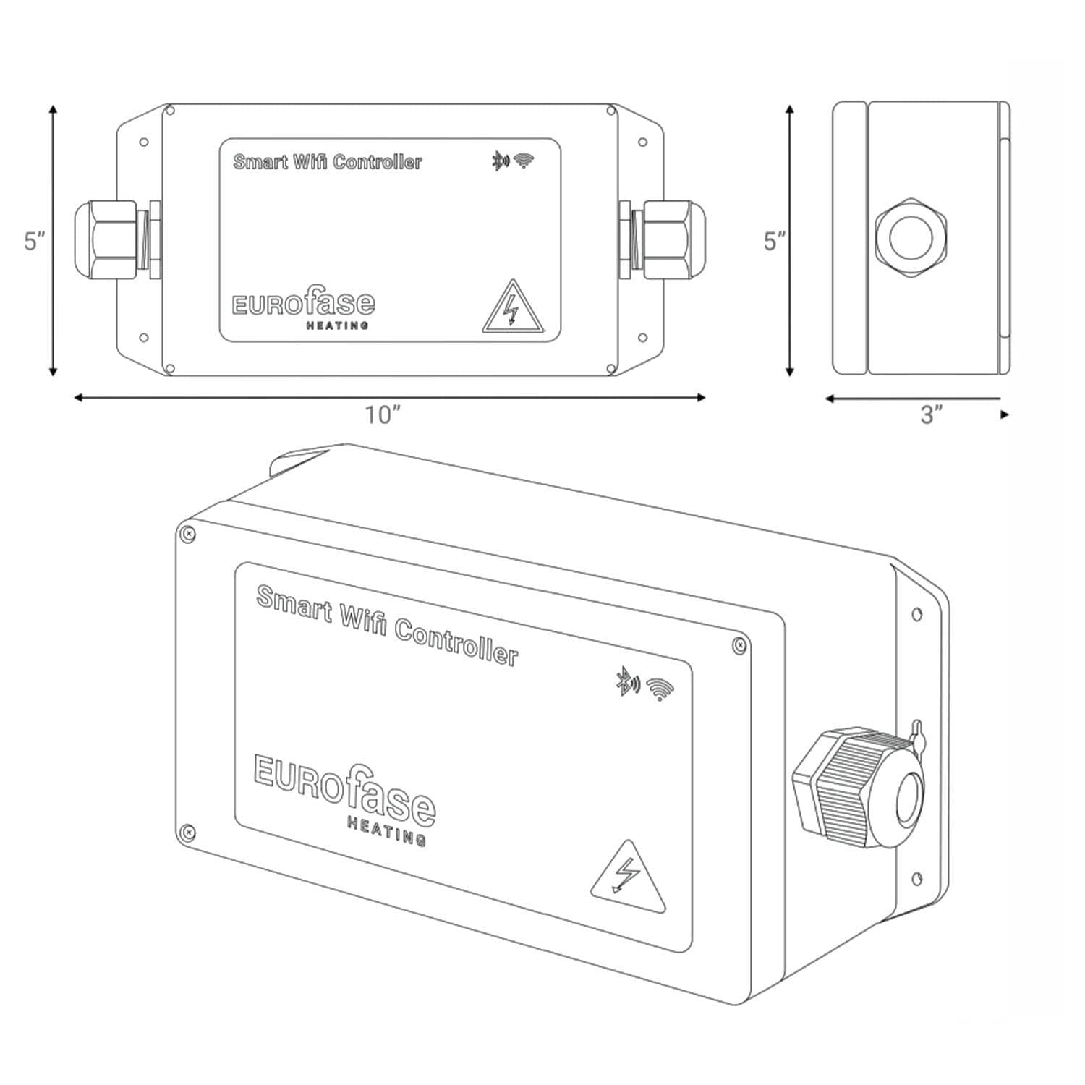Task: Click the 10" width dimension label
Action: pos(383,414)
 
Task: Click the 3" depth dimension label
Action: pos(932,414)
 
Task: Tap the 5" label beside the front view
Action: pos(35,241)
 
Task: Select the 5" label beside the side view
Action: pos(775,241)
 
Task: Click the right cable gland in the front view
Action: pos(662,239)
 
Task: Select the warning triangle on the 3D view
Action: pos(627,877)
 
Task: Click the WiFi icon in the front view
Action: pos(524,161)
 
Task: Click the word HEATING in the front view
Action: pos(338,325)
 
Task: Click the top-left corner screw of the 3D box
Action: pos(187,534)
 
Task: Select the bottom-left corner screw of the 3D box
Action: pos(188,832)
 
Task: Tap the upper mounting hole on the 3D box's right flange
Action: pos(917,614)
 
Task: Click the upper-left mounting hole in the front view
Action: pos(143,142)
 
